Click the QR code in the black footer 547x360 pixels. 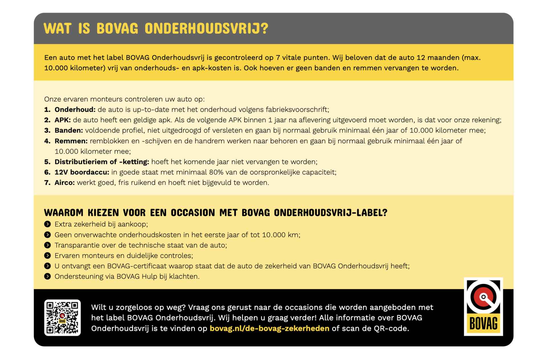click(x=62, y=318)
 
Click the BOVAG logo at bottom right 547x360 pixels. click(x=483, y=306)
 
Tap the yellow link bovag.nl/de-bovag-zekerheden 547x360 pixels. click(x=269, y=328)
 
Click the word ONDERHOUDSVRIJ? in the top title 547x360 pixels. click(x=207, y=28)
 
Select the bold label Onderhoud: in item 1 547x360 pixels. click(x=75, y=110)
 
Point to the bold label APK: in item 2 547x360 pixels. click(x=63, y=120)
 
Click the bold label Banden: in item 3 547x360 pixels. click(x=69, y=130)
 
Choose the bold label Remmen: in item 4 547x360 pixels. click(x=71, y=141)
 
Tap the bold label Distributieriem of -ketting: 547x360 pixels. click(x=102, y=162)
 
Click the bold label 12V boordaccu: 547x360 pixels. click(x=82, y=172)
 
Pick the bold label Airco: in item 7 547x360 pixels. click(x=64, y=183)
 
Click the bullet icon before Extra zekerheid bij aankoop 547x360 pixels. click(x=47, y=224)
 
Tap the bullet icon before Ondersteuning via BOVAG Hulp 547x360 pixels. click(x=47, y=276)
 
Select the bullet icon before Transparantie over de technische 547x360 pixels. click(x=47, y=245)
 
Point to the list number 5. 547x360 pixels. click(x=47, y=162)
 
